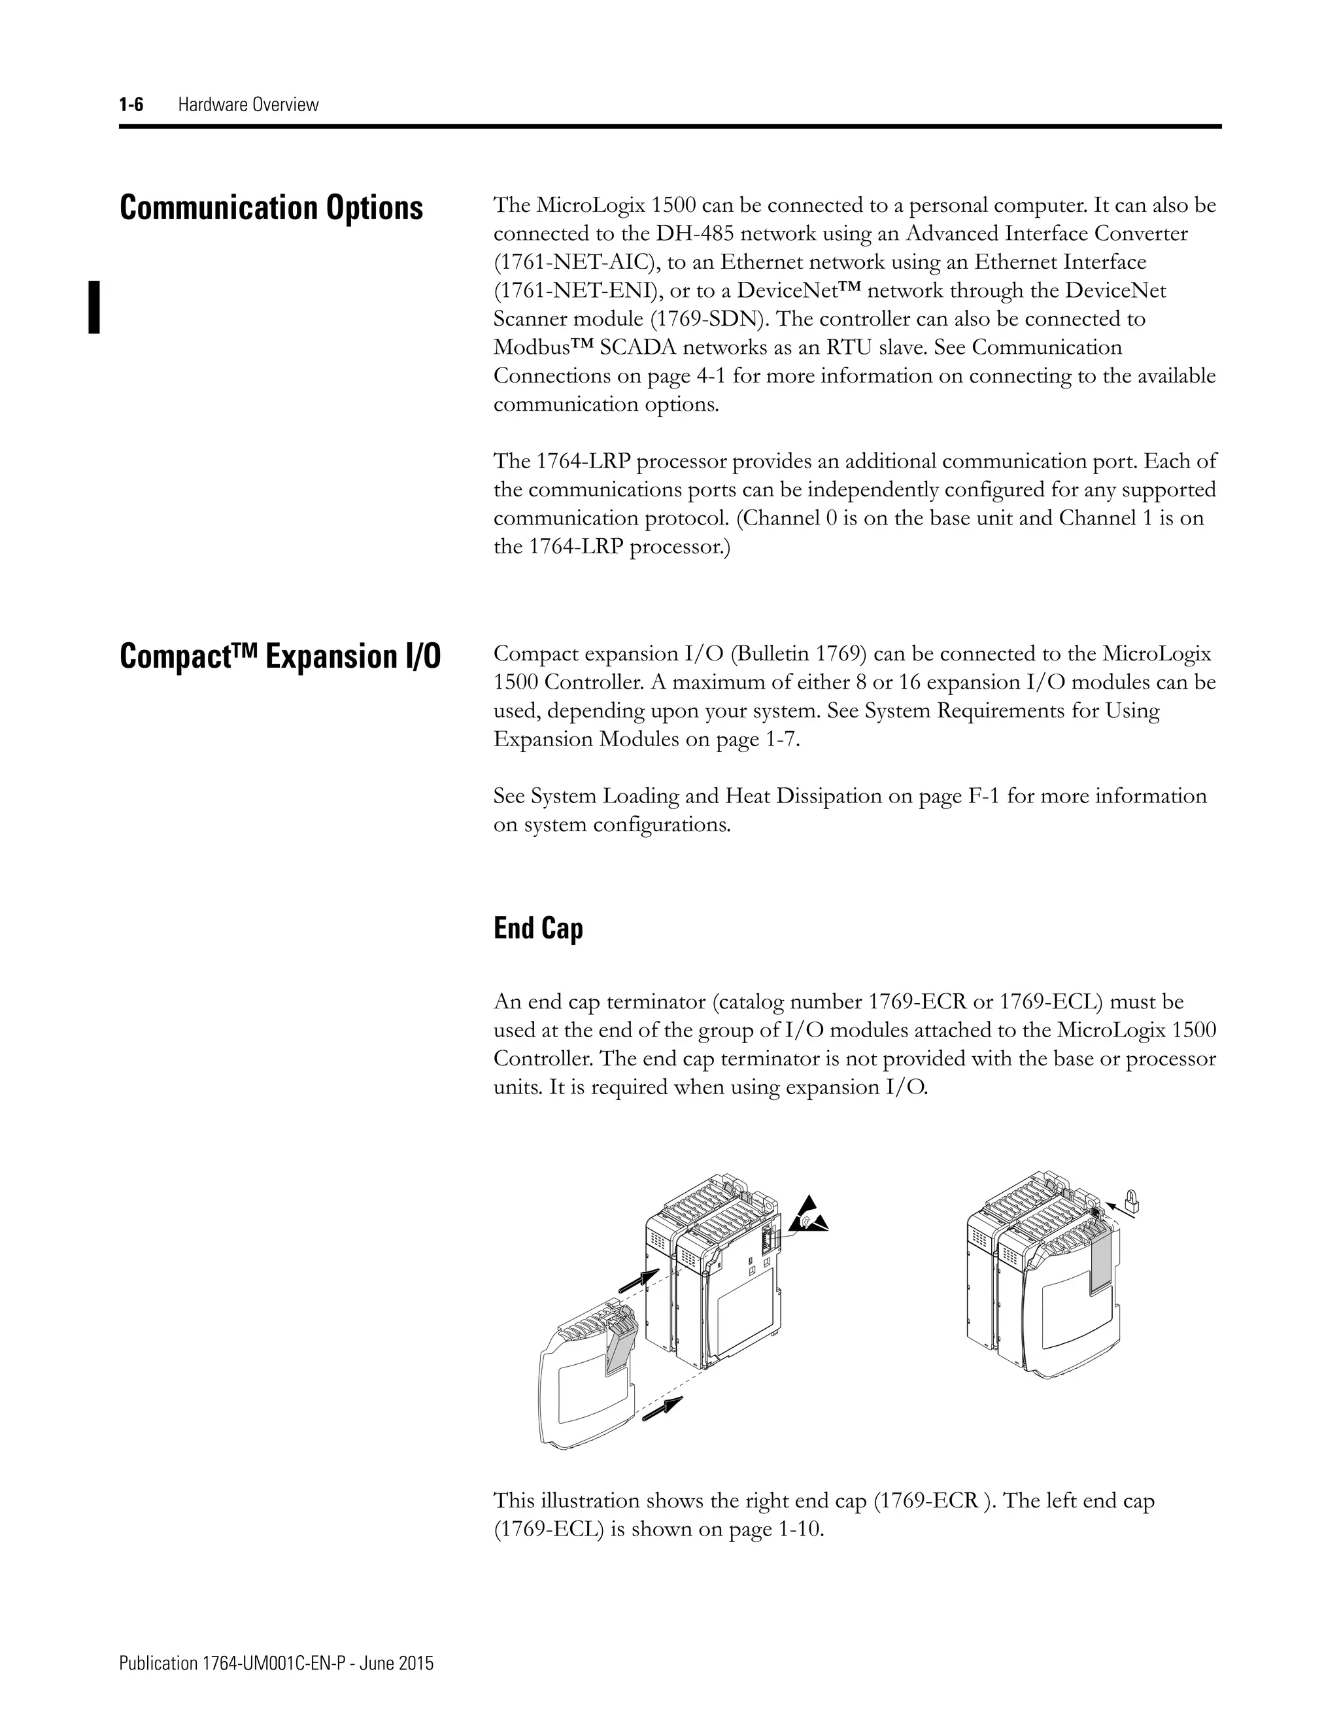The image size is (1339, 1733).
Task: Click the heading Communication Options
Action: (x=271, y=208)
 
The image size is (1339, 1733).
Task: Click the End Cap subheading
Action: (x=538, y=927)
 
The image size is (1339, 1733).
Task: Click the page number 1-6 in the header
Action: (x=131, y=104)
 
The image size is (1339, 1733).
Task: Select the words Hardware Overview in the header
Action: (x=248, y=104)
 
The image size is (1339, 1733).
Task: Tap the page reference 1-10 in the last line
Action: (x=796, y=1529)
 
